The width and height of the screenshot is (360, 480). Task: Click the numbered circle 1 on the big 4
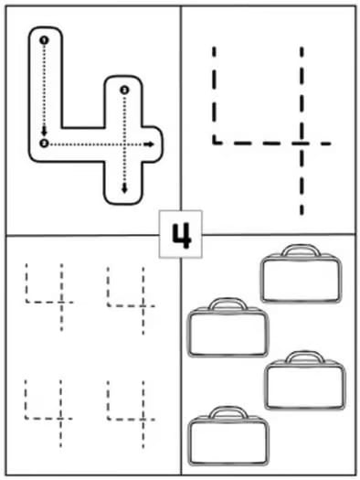[x=44, y=40]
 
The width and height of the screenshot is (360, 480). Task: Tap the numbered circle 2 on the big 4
[x=44, y=144]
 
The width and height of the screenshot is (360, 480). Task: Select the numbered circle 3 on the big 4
[x=124, y=90]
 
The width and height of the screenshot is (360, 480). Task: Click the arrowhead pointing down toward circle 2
[x=44, y=131]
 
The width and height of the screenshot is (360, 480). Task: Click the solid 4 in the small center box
[x=180, y=236]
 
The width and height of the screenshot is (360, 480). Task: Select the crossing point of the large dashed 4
[x=301, y=142]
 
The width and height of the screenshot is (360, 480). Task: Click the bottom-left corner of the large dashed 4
[x=214, y=142]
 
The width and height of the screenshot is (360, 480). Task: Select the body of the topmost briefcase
[x=300, y=279]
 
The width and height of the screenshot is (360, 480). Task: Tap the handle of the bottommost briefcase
[x=228, y=413]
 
